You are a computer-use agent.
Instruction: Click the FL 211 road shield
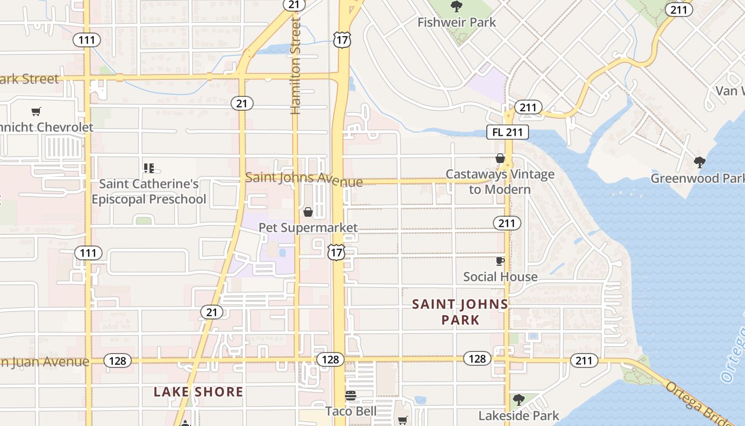[x=508, y=132]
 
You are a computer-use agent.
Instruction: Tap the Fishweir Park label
[x=457, y=22]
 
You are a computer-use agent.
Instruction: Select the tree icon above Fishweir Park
[x=456, y=6]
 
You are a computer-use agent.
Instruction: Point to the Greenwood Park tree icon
[x=700, y=162]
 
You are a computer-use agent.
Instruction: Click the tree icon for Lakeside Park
[x=518, y=399]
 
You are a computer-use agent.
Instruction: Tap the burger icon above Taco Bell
[x=350, y=396]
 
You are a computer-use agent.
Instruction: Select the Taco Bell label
[x=351, y=411]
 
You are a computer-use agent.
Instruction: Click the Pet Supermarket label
[x=308, y=228]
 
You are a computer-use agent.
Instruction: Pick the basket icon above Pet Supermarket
[x=308, y=212]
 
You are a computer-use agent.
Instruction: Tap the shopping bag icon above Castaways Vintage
[x=500, y=158]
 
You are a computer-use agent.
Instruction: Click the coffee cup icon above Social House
[x=500, y=261]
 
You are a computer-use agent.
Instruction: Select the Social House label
[x=500, y=277]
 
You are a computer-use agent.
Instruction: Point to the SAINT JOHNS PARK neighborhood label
[x=460, y=312]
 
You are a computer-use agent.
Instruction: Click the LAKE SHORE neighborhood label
[x=198, y=392]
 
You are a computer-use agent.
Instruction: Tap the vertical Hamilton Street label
[x=296, y=65]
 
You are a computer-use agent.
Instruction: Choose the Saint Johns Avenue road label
[x=304, y=179]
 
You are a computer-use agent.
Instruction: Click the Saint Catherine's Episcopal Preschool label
[x=149, y=192]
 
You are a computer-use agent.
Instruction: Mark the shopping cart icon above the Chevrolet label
[x=36, y=112]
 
